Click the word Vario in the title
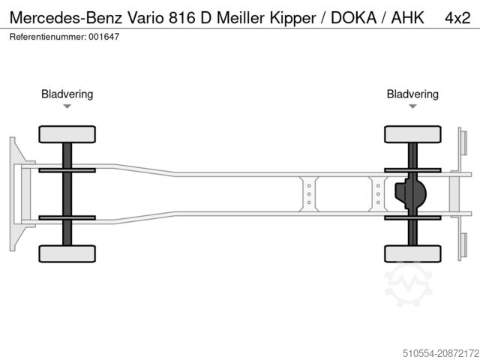pos(147,16)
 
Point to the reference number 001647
pos(105,35)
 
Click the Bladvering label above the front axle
pos(67,94)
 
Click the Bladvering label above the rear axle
pos(412,94)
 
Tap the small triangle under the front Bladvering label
pos(67,106)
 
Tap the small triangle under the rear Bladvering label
pos(412,106)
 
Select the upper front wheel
pos(67,135)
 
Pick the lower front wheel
pos(67,253)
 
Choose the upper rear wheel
pos(412,135)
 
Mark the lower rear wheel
pos(412,253)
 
